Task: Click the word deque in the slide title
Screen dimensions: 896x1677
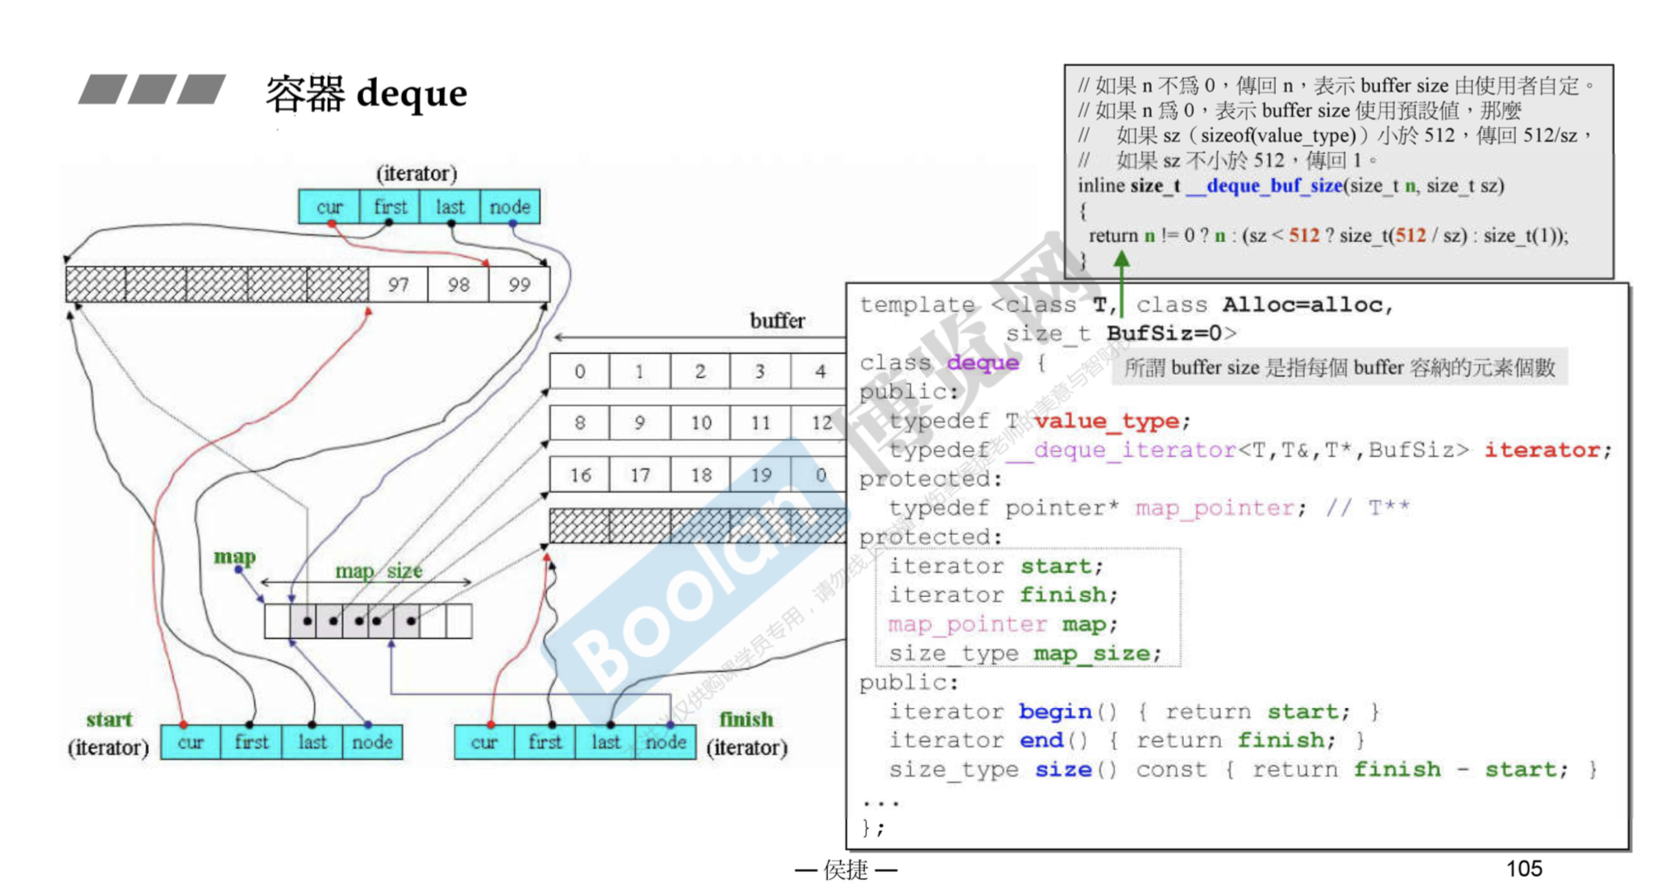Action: (x=411, y=93)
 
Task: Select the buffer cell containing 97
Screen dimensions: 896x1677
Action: (x=398, y=285)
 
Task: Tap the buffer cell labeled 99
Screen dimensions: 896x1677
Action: (x=520, y=285)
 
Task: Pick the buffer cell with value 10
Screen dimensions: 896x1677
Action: (x=701, y=423)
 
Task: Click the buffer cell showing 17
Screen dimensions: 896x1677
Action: (x=640, y=475)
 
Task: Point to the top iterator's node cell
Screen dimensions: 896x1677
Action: (x=510, y=207)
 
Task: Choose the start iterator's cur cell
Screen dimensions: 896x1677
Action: (x=191, y=742)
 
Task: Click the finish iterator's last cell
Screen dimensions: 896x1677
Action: (x=606, y=742)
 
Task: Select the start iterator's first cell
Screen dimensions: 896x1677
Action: (x=251, y=742)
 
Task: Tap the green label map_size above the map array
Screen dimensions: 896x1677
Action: (x=379, y=571)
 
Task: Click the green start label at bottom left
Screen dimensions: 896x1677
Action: (x=109, y=720)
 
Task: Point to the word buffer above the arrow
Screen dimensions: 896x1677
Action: (x=777, y=321)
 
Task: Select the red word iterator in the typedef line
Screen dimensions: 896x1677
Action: (x=1547, y=450)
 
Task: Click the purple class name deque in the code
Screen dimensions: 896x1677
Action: (x=983, y=363)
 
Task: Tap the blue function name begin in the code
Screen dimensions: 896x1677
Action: (x=1055, y=711)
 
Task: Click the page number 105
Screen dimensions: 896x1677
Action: (x=1524, y=869)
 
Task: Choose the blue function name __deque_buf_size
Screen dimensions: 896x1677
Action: (x=1264, y=186)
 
